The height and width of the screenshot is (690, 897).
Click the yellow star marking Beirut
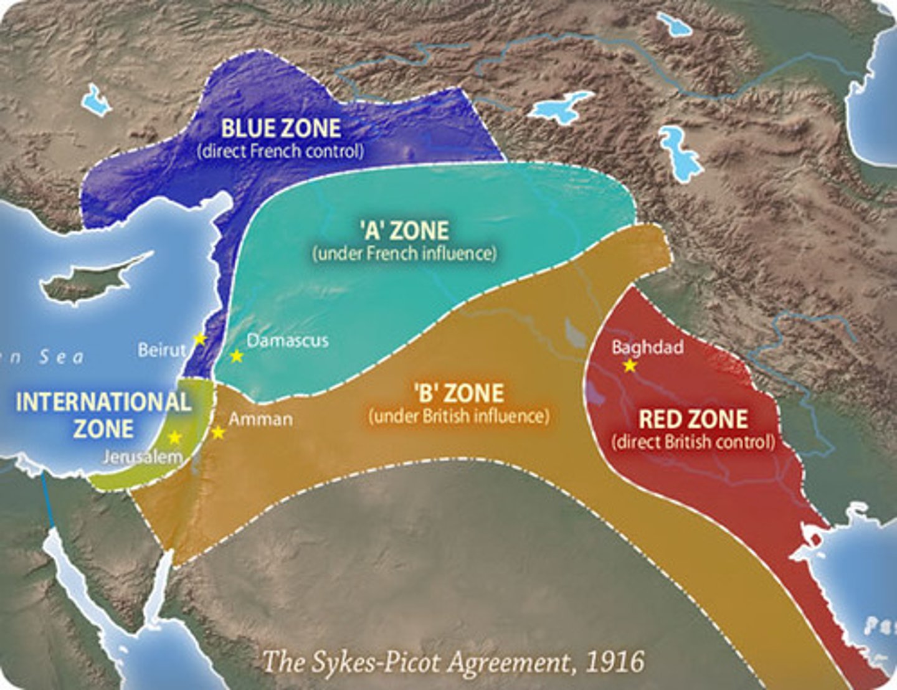(199, 339)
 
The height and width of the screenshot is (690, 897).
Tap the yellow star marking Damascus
(236, 356)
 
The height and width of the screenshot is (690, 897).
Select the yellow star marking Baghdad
(630, 366)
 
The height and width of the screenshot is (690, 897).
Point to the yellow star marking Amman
(218, 432)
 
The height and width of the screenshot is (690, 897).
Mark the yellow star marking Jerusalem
(175, 437)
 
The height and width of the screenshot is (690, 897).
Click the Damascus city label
(287, 341)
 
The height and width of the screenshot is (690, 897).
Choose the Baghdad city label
(647, 347)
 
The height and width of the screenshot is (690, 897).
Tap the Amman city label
(260, 419)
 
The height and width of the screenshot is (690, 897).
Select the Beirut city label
(162, 350)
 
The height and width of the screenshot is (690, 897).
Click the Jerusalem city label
(143, 457)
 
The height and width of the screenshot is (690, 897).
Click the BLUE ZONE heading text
(281, 128)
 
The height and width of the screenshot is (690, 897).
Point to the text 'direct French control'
(280, 151)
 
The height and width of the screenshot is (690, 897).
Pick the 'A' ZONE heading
(404, 231)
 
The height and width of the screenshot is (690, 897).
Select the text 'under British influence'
(459, 416)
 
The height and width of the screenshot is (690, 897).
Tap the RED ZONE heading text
(693, 419)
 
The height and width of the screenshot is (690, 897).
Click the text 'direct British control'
(693, 442)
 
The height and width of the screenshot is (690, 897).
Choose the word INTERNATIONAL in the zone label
(103, 402)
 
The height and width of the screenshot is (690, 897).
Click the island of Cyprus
(93, 280)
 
